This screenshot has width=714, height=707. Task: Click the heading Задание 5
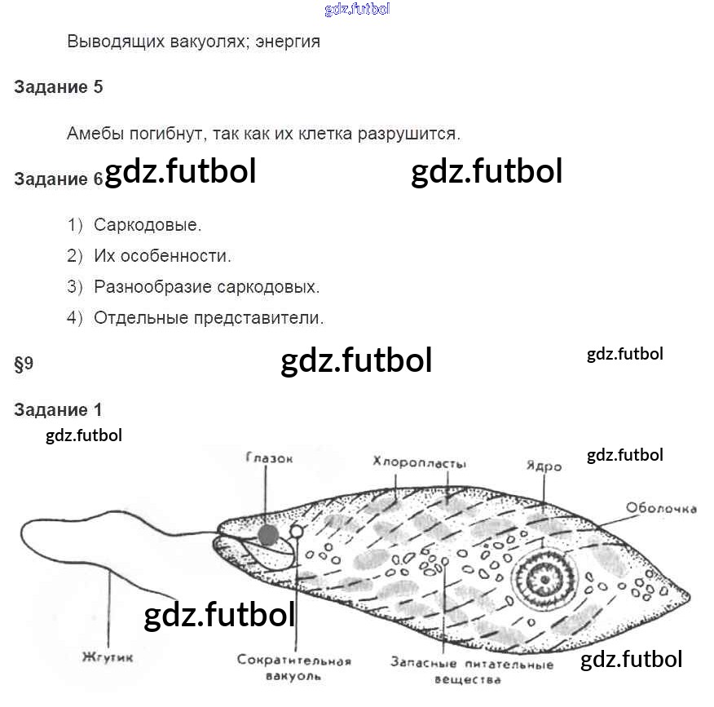point(59,87)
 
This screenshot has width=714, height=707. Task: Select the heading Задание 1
point(59,410)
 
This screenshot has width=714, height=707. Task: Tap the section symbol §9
point(24,365)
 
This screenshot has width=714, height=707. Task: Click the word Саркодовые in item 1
point(148,225)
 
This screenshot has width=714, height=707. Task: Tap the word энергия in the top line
point(288,42)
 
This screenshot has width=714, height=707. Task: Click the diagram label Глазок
point(268,459)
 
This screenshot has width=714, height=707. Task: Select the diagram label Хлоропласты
point(419,464)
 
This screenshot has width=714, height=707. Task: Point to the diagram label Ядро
point(544,467)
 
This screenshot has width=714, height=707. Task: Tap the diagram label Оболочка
point(661,508)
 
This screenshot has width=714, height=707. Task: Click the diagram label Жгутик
point(107,657)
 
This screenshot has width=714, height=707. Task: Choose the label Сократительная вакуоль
point(294,668)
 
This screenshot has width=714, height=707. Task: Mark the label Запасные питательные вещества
point(471,671)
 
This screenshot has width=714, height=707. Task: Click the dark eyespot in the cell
point(268,534)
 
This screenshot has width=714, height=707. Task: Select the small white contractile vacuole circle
point(297,532)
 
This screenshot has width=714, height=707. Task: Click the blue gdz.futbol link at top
point(357,10)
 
